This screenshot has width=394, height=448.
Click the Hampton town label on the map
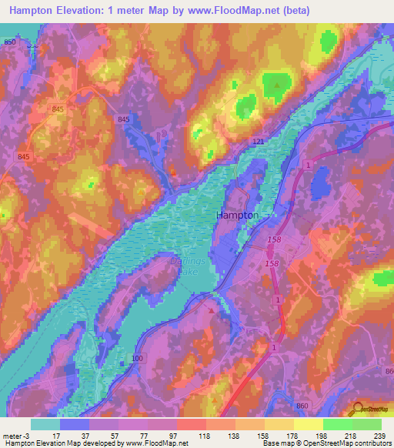(x=238, y=216)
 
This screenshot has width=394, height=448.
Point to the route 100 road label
(x=138, y=359)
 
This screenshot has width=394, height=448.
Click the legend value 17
(x=56, y=435)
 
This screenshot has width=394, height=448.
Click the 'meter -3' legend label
(x=18, y=435)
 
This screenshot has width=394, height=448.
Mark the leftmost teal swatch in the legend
(x=45, y=424)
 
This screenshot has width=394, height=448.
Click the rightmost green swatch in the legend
(x=367, y=424)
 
